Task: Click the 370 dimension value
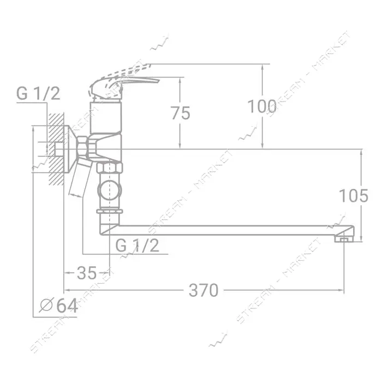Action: (x=204, y=290)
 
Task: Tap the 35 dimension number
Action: (x=87, y=273)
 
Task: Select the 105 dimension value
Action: (x=354, y=195)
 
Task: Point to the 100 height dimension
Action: (x=262, y=107)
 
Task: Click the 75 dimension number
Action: (x=180, y=113)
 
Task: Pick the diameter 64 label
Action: (x=59, y=306)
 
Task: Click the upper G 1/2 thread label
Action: (x=38, y=93)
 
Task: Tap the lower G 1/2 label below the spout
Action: (x=138, y=245)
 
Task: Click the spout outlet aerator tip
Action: (x=344, y=239)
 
